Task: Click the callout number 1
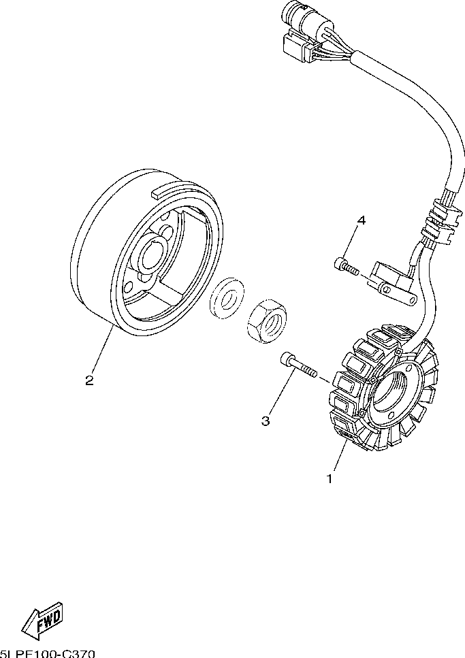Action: click(x=330, y=479)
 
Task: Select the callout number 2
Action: click(x=89, y=380)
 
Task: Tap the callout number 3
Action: click(x=266, y=421)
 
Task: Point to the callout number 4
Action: click(x=362, y=220)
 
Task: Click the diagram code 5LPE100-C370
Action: click(x=48, y=653)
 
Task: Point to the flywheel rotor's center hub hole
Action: click(x=150, y=257)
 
